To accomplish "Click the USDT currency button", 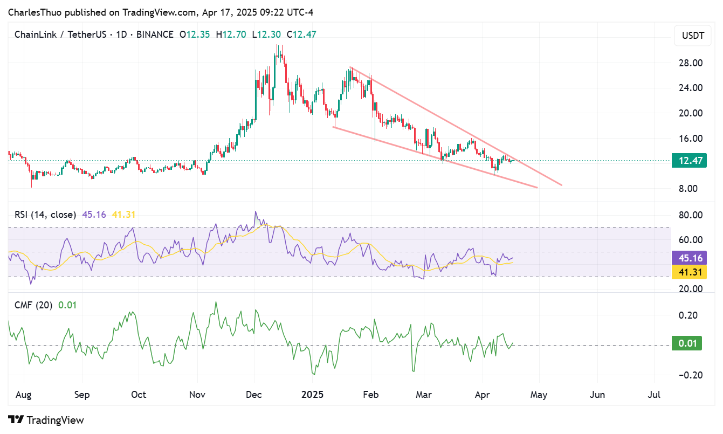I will point(693,36).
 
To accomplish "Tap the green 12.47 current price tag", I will point(689,160).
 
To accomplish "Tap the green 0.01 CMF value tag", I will point(686,343).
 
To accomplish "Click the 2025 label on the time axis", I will point(312,395).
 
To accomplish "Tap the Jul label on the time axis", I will point(654,395).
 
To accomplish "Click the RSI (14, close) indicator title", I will point(45,215).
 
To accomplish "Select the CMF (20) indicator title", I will point(33,305).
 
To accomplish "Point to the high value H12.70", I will point(231,35).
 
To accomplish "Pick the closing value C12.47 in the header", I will point(301,35).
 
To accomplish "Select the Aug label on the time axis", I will point(24,395).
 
